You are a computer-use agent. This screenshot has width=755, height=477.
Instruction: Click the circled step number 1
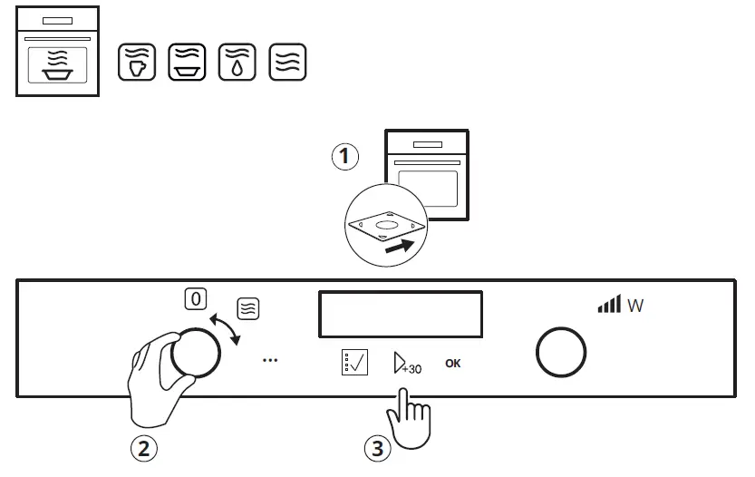pos(344,157)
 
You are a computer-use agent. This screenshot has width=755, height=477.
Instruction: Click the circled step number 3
pos(378,447)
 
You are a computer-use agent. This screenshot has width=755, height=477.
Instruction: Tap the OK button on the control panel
pos(453,364)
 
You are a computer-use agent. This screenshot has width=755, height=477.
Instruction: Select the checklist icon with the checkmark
pos(355,363)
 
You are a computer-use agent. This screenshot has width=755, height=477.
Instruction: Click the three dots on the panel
pos(269,360)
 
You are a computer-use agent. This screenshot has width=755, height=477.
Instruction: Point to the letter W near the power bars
pos(635,307)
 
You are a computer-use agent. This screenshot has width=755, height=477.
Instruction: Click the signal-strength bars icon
pos(609,305)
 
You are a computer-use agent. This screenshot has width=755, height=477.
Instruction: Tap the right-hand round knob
pos(561,353)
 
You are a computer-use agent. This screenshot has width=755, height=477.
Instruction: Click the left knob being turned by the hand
pos(195,354)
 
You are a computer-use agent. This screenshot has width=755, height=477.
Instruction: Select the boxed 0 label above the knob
pos(194,298)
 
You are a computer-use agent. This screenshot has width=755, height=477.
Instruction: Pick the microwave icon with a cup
pos(137,62)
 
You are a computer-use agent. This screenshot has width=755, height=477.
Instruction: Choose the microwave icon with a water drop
pos(237,62)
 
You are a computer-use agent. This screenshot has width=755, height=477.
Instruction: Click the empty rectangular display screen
pos(400,314)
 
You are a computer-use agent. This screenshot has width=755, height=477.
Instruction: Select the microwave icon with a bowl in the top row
pos(187,62)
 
